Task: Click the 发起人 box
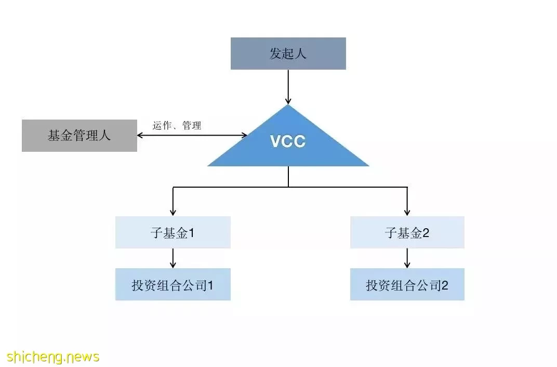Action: point(288,54)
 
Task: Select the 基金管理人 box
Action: point(79,135)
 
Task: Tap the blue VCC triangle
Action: point(288,142)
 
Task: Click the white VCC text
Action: point(288,141)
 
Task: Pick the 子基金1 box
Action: point(173,232)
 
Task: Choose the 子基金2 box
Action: point(407,232)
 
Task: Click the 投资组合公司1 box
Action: point(173,284)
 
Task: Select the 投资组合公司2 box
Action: point(407,284)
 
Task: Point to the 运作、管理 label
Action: point(177,125)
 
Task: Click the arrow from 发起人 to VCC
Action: point(288,87)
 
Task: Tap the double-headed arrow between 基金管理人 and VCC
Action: point(192,135)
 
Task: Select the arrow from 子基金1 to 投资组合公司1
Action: point(173,258)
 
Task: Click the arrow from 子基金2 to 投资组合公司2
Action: point(407,258)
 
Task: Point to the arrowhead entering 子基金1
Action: point(173,213)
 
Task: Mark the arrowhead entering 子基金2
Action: point(407,213)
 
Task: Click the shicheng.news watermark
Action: point(53,356)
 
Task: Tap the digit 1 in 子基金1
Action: point(191,233)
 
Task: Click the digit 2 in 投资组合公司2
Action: point(444,285)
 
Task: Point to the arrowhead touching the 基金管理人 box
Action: point(140,135)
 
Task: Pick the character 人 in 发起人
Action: point(300,54)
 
